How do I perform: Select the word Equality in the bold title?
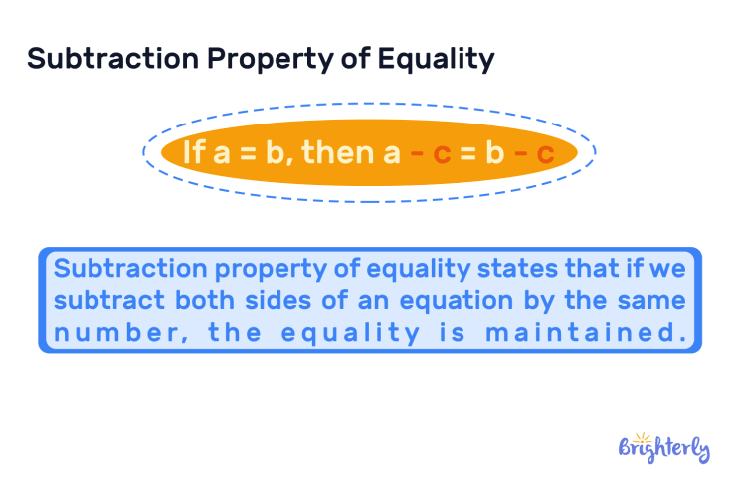click(435, 59)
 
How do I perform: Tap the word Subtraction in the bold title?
click(111, 59)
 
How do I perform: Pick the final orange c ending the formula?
click(545, 153)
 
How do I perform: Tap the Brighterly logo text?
click(664, 449)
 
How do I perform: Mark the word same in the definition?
click(650, 301)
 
